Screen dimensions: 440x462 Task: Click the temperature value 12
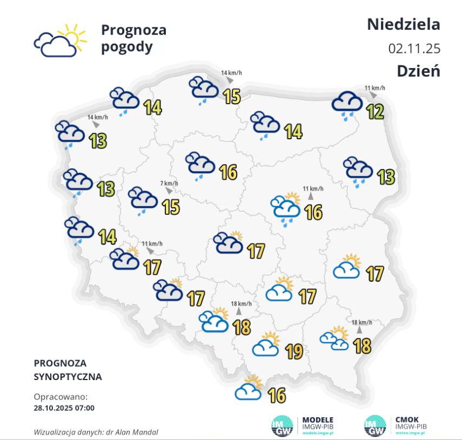click(374, 112)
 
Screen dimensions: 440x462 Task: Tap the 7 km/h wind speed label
click(169, 183)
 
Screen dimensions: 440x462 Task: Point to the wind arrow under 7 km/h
click(169, 191)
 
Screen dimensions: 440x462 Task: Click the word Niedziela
click(404, 24)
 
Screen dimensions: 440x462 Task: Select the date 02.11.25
click(414, 48)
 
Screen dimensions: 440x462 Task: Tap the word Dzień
click(418, 71)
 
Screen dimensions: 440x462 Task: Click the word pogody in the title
click(126, 47)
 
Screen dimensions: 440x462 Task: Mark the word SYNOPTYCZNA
click(68, 376)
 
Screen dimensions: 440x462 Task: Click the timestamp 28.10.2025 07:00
click(64, 408)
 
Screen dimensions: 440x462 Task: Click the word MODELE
click(317, 419)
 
